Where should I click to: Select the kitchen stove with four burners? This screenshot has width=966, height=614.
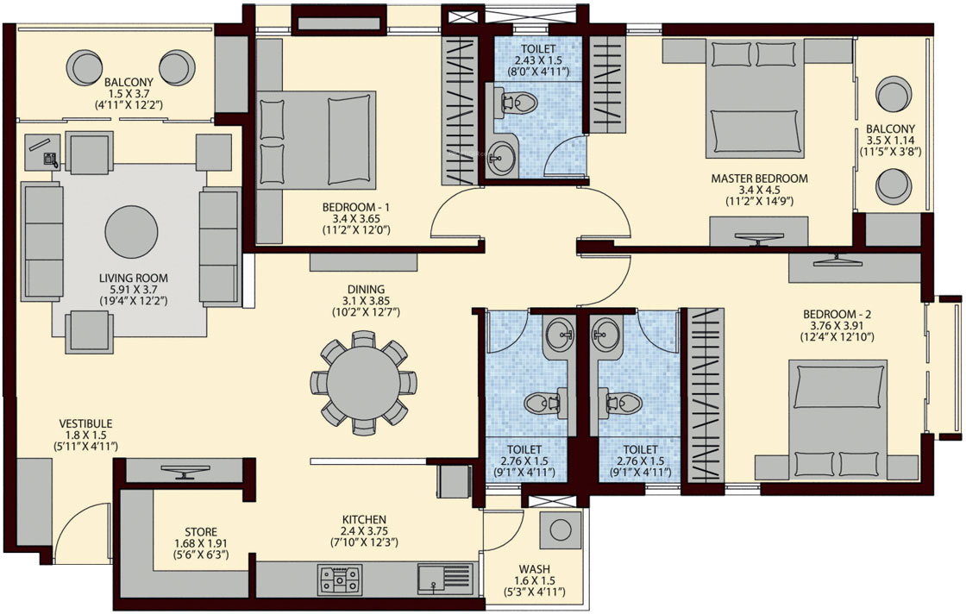[339, 579]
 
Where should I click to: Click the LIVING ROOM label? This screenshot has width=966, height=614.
[133, 279]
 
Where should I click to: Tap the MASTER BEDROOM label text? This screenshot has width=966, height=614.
[758, 179]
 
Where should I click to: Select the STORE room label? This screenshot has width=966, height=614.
[200, 532]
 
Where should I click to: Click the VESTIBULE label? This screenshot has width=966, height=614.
[85, 423]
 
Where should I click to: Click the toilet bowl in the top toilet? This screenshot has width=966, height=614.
[517, 103]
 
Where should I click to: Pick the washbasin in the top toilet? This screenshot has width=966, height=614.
[500, 157]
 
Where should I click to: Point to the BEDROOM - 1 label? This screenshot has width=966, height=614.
[356, 208]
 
